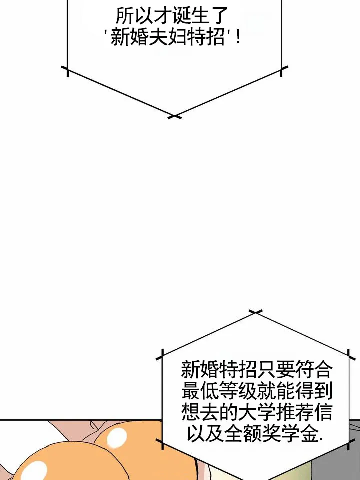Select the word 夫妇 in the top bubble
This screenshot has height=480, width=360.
coord(167,38)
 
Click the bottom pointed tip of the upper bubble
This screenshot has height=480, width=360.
coord(174,117)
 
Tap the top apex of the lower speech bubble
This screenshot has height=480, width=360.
coord(256,312)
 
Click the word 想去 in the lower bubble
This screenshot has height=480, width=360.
coord(200,412)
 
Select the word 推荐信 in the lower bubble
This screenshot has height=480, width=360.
coord(304,412)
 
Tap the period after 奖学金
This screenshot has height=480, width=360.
coord(320,440)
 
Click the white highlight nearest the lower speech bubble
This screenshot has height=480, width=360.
coord(116,437)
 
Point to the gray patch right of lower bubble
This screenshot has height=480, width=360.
coord(354,450)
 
